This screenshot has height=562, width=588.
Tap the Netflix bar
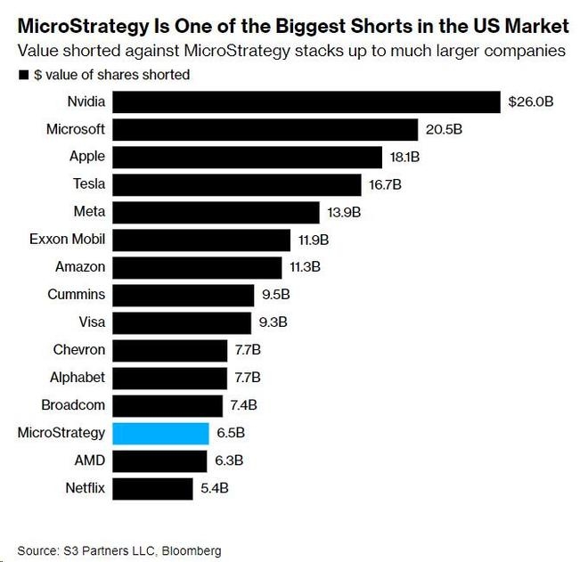(152, 488)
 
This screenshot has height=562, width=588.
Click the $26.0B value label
(530, 102)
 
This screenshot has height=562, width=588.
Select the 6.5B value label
(251, 433)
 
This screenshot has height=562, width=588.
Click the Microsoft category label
(76, 129)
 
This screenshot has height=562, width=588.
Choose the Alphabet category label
(78, 378)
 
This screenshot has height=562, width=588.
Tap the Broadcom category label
(74, 405)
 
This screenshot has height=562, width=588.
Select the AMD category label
(90, 460)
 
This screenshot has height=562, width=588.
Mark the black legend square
(23, 75)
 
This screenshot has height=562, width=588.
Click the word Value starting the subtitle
(37, 51)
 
